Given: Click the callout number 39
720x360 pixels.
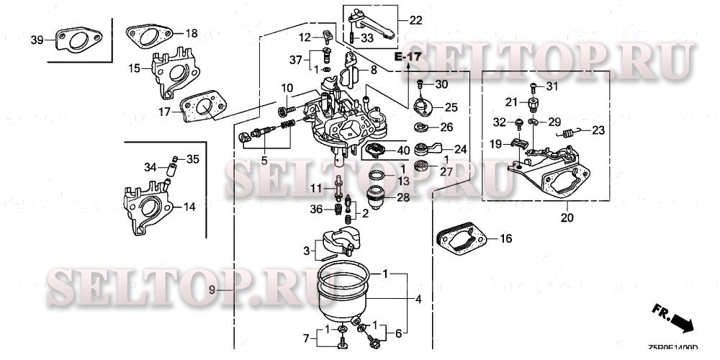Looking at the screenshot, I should point(37,40).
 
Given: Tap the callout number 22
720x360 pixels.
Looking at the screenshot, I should point(416,20).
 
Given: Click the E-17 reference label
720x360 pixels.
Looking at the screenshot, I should point(408,56).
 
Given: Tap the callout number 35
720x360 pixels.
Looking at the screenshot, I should point(193,158).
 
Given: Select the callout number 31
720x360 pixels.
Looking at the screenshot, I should point(552,87).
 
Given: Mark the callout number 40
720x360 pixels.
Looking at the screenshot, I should point(403,150).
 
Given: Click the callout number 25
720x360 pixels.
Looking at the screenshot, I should point(451,107).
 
